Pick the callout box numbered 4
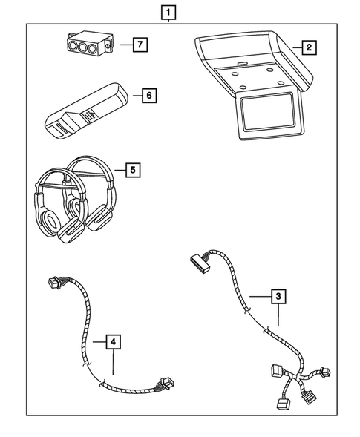click(x=111, y=342)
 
